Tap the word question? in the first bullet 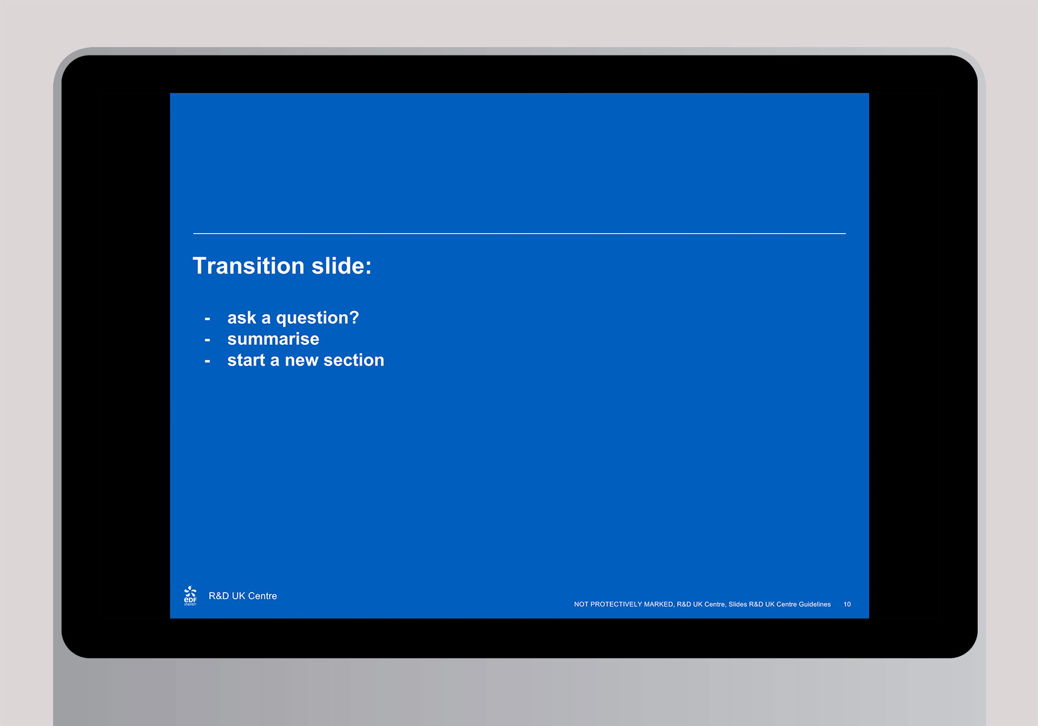point(317,318)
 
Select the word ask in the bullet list point(241,318)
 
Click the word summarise point(273,339)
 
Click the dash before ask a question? point(208,319)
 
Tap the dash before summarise point(208,340)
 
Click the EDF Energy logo point(190,596)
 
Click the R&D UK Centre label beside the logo point(243,596)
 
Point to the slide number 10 point(847,604)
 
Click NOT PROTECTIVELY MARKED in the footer point(623,604)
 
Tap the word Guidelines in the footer point(815,604)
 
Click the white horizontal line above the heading point(519,233)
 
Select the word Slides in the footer point(737,604)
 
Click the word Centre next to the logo point(263,596)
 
